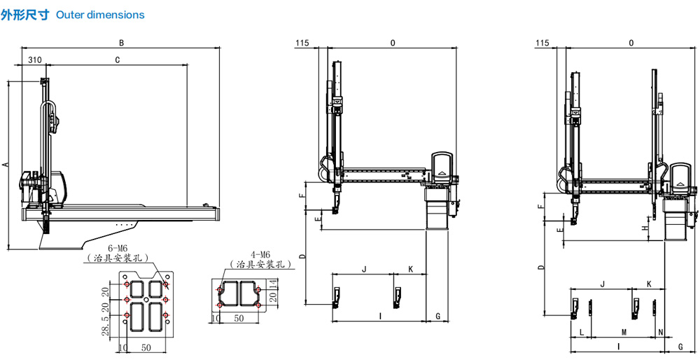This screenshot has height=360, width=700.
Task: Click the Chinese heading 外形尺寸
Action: point(24,15)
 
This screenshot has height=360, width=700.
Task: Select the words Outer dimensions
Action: point(100,15)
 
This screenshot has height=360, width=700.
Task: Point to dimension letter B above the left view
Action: point(121,43)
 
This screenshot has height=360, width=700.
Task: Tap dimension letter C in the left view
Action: point(118,60)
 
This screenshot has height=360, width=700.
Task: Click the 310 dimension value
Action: point(35,60)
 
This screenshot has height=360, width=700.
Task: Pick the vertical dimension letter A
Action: point(5,165)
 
